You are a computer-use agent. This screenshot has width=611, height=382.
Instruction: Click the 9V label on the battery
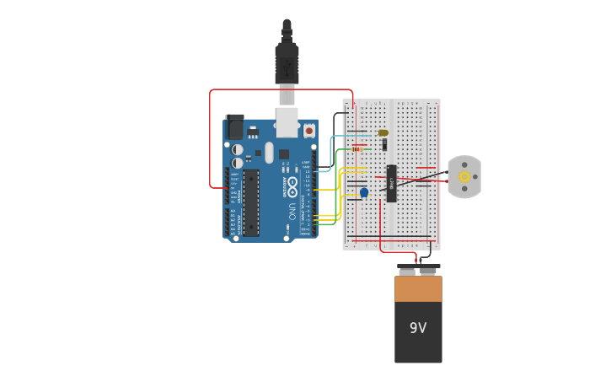[x=418, y=328]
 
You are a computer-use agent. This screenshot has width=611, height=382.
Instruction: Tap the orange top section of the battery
[x=418, y=288]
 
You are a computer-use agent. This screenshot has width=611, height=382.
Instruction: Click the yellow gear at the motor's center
[x=464, y=176]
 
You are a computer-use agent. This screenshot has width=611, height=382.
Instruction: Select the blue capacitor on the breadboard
[x=364, y=192]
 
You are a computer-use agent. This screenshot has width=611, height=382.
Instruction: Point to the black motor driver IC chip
[x=392, y=183]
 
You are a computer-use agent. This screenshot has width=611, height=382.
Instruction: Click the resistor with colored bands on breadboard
[x=357, y=149]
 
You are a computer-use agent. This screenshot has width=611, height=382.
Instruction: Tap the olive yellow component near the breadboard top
[x=383, y=132]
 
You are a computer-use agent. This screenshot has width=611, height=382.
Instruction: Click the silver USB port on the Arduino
[x=287, y=121]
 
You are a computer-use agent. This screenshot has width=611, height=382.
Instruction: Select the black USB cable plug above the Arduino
[x=287, y=63]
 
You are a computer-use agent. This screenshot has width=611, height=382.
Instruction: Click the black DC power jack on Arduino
[x=234, y=127]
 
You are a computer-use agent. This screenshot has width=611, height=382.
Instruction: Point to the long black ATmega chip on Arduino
[x=251, y=202]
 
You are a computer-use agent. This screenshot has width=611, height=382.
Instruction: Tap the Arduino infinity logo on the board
[x=292, y=182]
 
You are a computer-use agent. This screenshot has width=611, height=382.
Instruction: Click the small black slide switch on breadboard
[x=384, y=144]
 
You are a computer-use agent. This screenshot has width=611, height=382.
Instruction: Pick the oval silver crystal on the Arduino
[x=269, y=153]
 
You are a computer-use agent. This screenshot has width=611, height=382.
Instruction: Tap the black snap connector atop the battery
[x=418, y=270]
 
